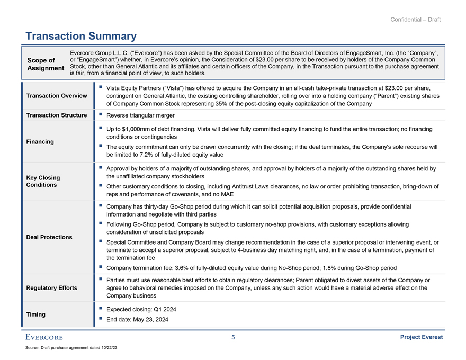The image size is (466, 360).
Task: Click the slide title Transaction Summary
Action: tap(81, 36)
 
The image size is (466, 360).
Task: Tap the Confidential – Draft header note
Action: tap(415, 20)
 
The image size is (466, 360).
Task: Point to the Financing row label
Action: tap(40, 141)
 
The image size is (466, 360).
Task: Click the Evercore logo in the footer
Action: tap(43, 338)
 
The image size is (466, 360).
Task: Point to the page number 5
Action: tap(233, 338)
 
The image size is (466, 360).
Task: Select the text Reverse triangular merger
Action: tap(141, 115)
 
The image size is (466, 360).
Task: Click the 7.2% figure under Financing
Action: tap(147, 155)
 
